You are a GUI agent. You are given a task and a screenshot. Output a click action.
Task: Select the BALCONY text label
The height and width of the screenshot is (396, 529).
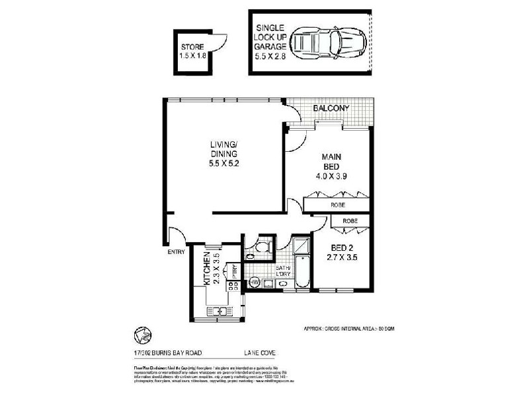331,108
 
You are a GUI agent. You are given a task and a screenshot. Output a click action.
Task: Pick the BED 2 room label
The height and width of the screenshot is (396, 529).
343,253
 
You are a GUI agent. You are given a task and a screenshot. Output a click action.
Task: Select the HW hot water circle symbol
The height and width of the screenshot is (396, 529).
255,283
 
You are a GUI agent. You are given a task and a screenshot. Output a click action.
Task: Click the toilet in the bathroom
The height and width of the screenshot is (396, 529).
263,249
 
